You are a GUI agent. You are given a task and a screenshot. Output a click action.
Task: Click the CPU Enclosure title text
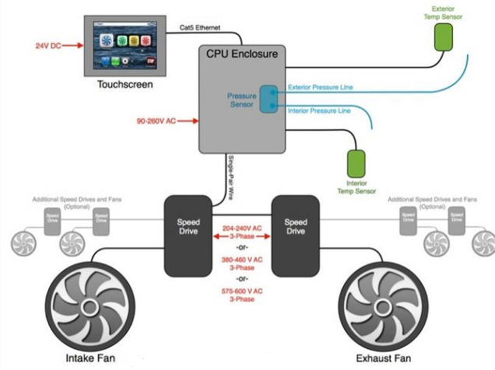tap(244, 54)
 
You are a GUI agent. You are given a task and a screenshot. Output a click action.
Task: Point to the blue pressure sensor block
tap(269, 99)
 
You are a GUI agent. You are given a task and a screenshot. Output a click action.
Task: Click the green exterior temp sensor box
tap(443, 36)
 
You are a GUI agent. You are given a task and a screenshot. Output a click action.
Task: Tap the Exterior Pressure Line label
tap(320, 87)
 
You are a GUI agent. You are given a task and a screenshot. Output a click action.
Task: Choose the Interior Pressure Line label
tap(318, 112)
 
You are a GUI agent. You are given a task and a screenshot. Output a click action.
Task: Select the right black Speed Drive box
tap(295, 236)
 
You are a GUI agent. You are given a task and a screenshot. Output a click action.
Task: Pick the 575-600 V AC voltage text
tap(242, 294)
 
